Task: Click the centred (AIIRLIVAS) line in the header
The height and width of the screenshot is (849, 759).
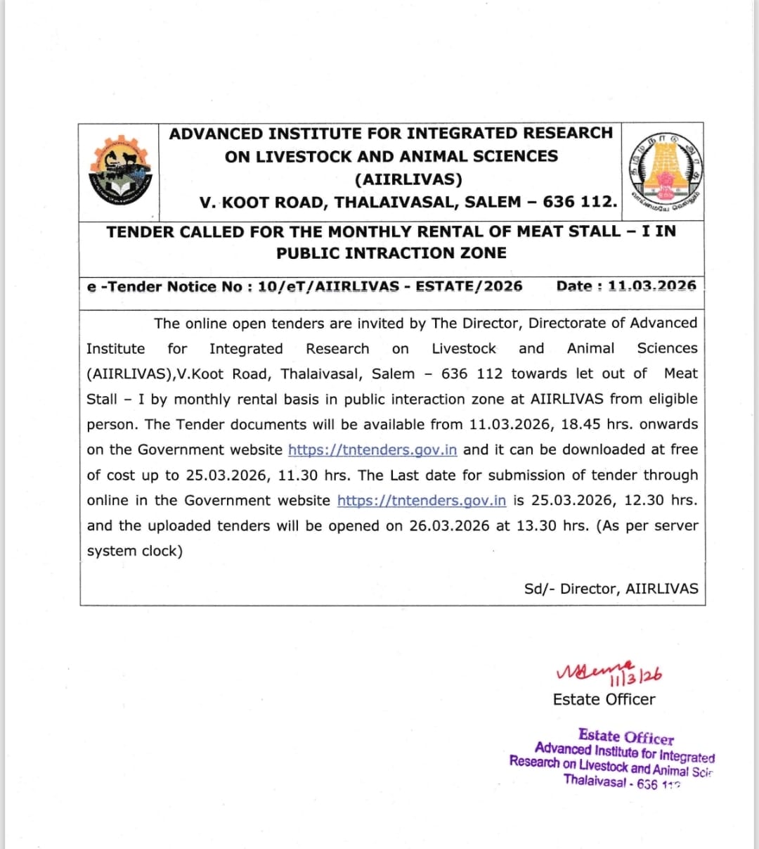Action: click(x=408, y=179)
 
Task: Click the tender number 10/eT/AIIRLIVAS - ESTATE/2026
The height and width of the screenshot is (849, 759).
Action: click(x=390, y=286)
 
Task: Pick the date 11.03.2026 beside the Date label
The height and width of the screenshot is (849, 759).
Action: click(x=651, y=286)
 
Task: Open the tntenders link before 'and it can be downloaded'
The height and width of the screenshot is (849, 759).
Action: click(x=372, y=450)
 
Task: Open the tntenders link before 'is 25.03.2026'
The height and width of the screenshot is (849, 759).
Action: click(x=421, y=501)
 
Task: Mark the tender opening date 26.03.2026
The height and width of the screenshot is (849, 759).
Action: click(x=449, y=526)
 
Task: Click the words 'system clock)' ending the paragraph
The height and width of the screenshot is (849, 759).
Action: click(x=134, y=551)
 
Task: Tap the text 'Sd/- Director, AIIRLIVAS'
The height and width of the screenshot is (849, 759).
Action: click(x=611, y=589)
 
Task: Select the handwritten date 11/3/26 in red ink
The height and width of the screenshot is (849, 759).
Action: click(x=637, y=676)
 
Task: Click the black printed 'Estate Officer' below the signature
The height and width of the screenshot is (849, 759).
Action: click(x=604, y=699)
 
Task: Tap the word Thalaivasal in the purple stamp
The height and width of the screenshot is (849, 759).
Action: click(x=595, y=780)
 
